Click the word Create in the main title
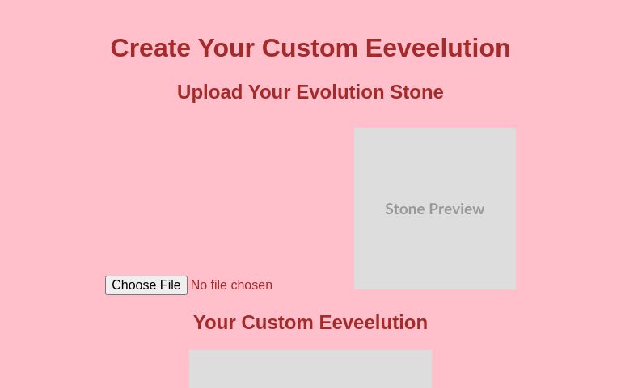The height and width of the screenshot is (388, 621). (150, 48)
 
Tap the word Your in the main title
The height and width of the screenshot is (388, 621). (226, 48)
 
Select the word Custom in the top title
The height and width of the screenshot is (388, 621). (310, 48)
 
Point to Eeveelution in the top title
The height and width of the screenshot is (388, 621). (437, 48)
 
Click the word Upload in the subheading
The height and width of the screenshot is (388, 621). (209, 92)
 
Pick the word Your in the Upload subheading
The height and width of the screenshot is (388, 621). (269, 92)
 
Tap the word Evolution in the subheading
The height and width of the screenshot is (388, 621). (340, 92)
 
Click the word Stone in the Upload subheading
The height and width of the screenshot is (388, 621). (416, 92)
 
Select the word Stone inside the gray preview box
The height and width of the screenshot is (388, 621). (405, 209)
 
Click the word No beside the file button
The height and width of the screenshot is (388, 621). (199, 285)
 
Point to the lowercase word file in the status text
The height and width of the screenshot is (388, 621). (221, 285)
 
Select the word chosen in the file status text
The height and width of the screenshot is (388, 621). (253, 285)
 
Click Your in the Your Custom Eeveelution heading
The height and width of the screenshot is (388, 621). (214, 323)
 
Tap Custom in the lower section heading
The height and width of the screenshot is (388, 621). (277, 323)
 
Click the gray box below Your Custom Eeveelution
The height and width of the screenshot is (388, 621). (310, 370)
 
